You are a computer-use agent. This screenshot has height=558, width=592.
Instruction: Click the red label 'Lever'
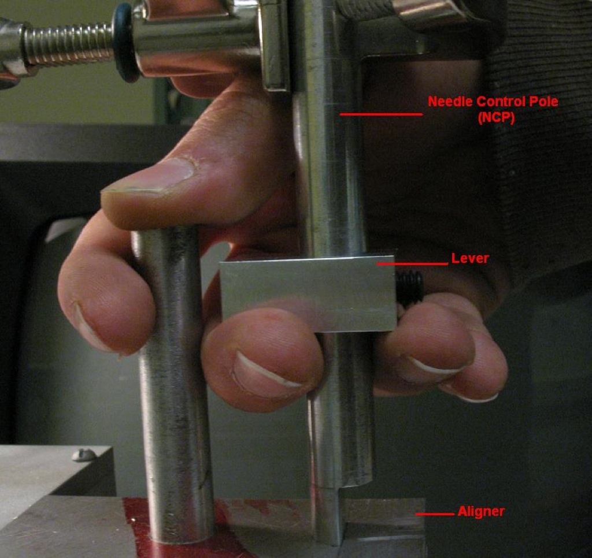click(x=470, y=258)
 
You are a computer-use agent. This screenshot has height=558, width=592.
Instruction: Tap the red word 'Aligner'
click(x=481, y=512)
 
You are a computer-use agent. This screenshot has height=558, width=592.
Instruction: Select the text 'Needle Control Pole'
click(x=493, y=102)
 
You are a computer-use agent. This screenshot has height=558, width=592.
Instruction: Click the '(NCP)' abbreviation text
click(x=496, y=118)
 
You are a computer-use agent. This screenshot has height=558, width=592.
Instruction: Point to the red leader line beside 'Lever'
click(x=412, y=264)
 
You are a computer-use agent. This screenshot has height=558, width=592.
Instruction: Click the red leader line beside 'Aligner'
click(x=435, y=514)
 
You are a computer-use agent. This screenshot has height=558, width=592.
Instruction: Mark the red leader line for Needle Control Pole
click(x=380, y=114)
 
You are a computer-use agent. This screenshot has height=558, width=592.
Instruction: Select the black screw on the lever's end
click(x=409, y=289)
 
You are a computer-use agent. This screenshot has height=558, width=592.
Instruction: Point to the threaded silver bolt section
click(x=68, y=44)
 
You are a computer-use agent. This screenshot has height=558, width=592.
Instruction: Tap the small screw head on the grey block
click(x=84, y=455)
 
